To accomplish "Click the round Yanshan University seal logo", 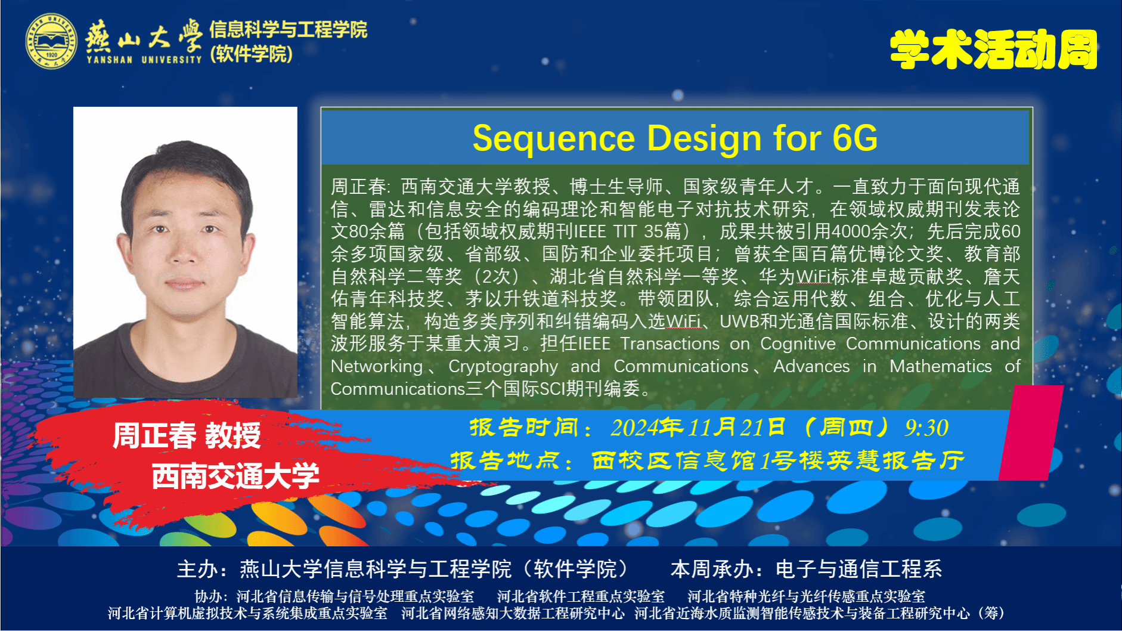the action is point(51,41).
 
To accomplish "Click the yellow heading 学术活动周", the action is point(993,50).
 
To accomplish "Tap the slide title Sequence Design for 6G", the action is point(675,138).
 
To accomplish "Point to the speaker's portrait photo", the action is point(185,252).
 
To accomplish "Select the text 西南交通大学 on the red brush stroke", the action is point(235,475).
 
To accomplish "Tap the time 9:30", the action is point(926,428).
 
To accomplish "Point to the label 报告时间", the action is point(523,427).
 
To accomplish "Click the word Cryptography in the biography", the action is point(503,366).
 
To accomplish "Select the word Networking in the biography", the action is point(377,366).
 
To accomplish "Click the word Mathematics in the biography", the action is point(941,366).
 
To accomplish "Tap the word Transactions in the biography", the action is point(670,344).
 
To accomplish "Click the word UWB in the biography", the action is point(739,321).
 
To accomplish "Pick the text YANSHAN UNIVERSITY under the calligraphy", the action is point(144,60).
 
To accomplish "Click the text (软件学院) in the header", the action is point(251,54).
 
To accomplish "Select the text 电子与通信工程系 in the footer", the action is point(858,569).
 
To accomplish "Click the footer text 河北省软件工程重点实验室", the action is point(581,596).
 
